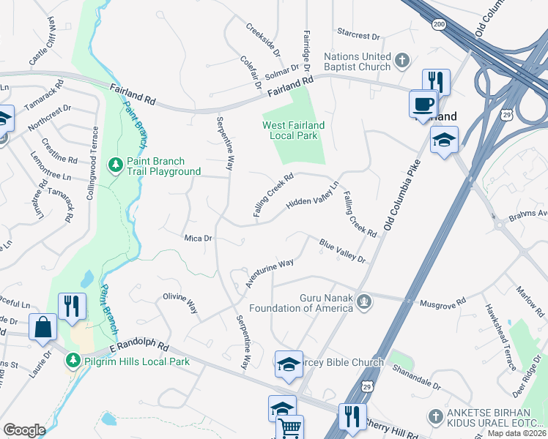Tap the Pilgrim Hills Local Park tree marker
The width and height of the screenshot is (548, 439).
pyautogui.click(x=73, y=361)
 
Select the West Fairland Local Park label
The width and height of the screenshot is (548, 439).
pyautogui.click(x=293, y=130)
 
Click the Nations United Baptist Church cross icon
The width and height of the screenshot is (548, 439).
pyautogui.click(x=401, y=61)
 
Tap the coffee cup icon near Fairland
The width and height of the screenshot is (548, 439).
pyautogui.click(x=423, y=104)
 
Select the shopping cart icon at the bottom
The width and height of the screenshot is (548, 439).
pyautogui.click(x=291, y=428)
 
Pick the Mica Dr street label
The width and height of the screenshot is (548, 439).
pyautogui.click(x=198, y=239)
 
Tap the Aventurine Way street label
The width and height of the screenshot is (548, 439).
pyautogui.click(x=270, y=273)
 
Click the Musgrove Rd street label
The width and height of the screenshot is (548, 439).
pyautogui.click(x=442, y=301)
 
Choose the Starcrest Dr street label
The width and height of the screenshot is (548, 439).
pyautogui.click(x=359, y=35)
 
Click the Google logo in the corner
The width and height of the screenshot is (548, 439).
pyautogui.click(x=24, y=430)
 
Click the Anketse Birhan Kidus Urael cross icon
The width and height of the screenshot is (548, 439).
pyautogui.click(x=434, y=416)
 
